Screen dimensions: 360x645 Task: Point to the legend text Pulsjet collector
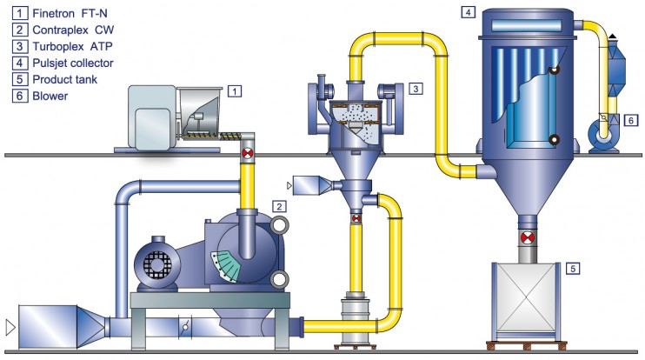pos(66,63)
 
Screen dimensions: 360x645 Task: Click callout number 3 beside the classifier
pos(416,89)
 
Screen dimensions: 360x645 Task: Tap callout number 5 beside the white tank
pos(572,268)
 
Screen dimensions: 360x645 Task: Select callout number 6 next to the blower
pos(632,121)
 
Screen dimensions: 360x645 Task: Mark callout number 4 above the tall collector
pos(469,12)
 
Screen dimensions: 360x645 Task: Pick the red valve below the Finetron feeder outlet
pos(248,155)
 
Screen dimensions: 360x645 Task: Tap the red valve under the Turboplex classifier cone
pos(355,219)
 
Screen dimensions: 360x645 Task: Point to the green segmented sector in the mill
pos(228,264)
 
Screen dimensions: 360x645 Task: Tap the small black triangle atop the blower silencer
pos(613,37)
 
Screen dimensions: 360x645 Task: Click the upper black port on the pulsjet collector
pos(553,72)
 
